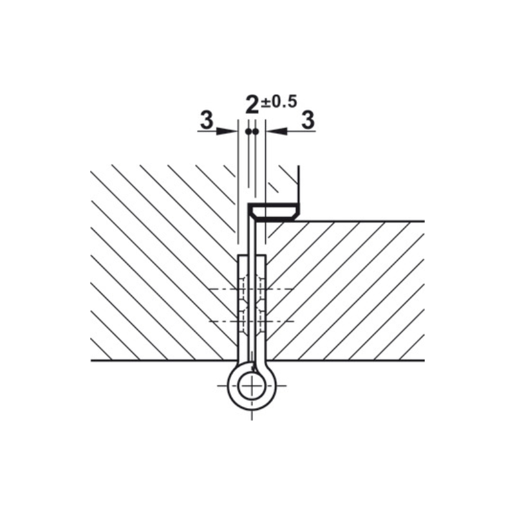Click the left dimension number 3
(207, 120)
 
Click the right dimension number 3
(308, 120)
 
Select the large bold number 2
(252, 105)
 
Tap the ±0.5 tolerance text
(279, 102)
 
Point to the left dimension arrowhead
(227, 131)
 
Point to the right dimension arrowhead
(277, 131)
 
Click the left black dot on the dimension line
(248, 132)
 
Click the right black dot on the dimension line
(256, 132)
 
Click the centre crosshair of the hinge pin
(252, 386)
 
